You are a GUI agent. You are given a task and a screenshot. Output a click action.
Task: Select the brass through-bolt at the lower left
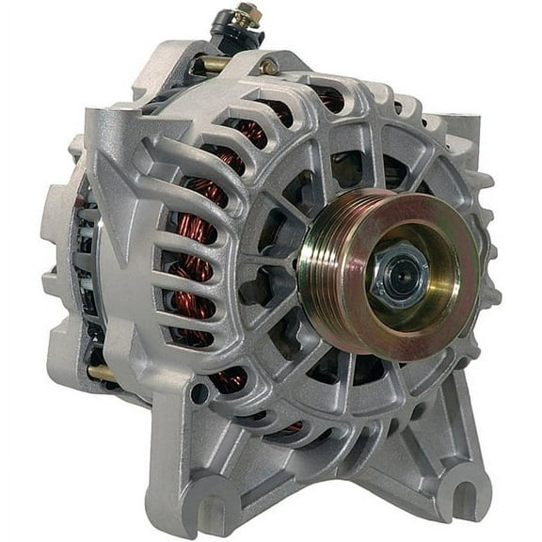pos(102,373)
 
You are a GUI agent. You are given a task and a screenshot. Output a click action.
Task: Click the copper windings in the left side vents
pos(192,273)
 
